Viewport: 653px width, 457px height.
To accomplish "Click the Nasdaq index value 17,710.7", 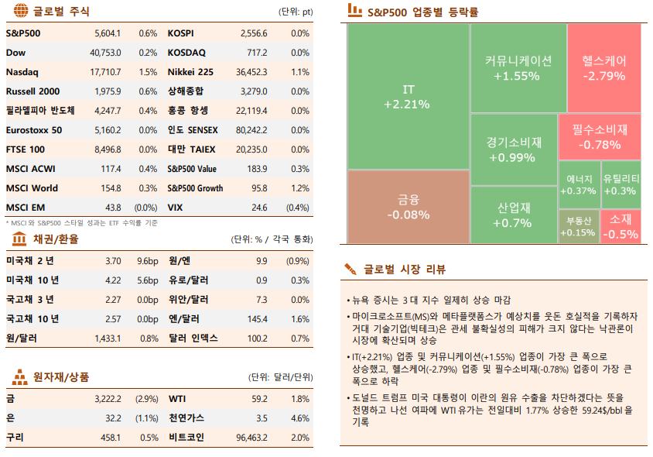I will (x=105, y=72).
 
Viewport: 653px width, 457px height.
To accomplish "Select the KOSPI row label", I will (x=181, y=33).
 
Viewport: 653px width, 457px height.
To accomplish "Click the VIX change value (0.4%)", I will (x=298, y=208).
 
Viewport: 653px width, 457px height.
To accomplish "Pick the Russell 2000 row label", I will (x=32, y=91).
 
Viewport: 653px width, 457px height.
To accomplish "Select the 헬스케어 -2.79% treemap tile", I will (x=603, y=68).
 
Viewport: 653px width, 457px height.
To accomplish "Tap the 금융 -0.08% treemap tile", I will (x=408, y=207).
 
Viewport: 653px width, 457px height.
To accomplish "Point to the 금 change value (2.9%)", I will (x=146, y=399).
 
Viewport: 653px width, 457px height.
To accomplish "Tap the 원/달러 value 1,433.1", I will (x=108, y=338).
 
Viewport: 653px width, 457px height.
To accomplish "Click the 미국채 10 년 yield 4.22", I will (x=112, y=280).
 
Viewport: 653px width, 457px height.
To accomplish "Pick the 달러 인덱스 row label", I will (x=193, y=338).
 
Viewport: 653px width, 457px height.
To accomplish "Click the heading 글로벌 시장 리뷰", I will (x=405, y=270).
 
